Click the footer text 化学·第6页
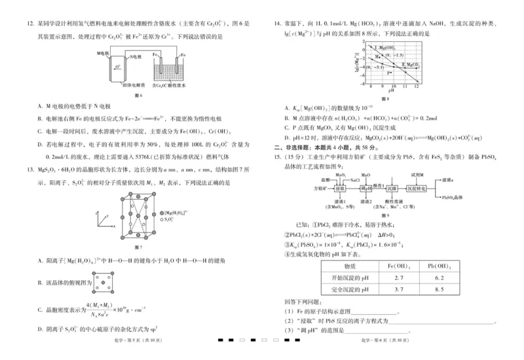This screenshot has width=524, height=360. coord(376,340)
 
